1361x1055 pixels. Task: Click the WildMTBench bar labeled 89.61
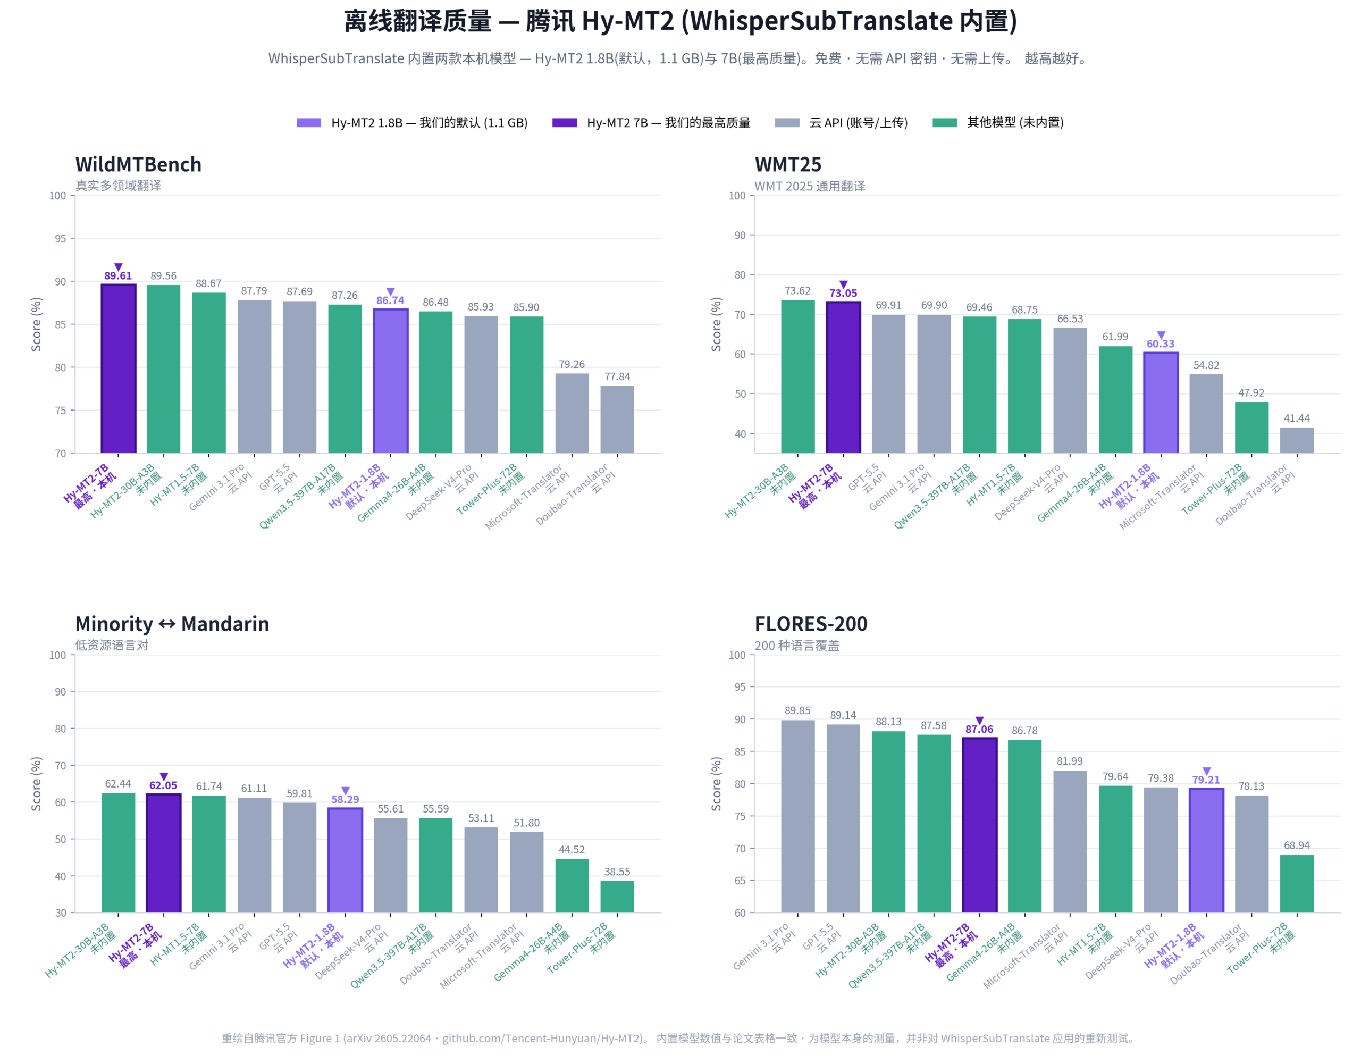(119, 369)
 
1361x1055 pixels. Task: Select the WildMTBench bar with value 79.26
(572, 413)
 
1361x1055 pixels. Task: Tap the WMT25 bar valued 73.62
(797, 376)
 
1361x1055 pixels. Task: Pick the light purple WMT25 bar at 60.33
(1161, 403)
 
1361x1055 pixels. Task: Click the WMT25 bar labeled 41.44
(1297, 440)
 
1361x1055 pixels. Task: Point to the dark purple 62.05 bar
(163, 852)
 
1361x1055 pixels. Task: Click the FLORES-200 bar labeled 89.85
(797, 816)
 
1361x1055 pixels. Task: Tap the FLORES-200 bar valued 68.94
(1297, 884)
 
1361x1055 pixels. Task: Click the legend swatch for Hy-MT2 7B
(565, 123)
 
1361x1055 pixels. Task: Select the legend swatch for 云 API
(787, 123)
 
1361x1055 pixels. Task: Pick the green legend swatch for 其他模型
(945, 123)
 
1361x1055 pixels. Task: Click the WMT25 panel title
(788, 164)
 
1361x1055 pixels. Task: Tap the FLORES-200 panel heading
(811, 624)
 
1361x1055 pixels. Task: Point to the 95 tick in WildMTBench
(60, 239)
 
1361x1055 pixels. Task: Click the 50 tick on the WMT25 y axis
(740, 394)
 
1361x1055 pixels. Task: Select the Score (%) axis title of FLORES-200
(717, 784)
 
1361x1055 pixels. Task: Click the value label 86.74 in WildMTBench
(390, 300)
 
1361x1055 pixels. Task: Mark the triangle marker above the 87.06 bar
(980, 721)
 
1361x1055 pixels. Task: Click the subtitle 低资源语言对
(112, 645)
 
